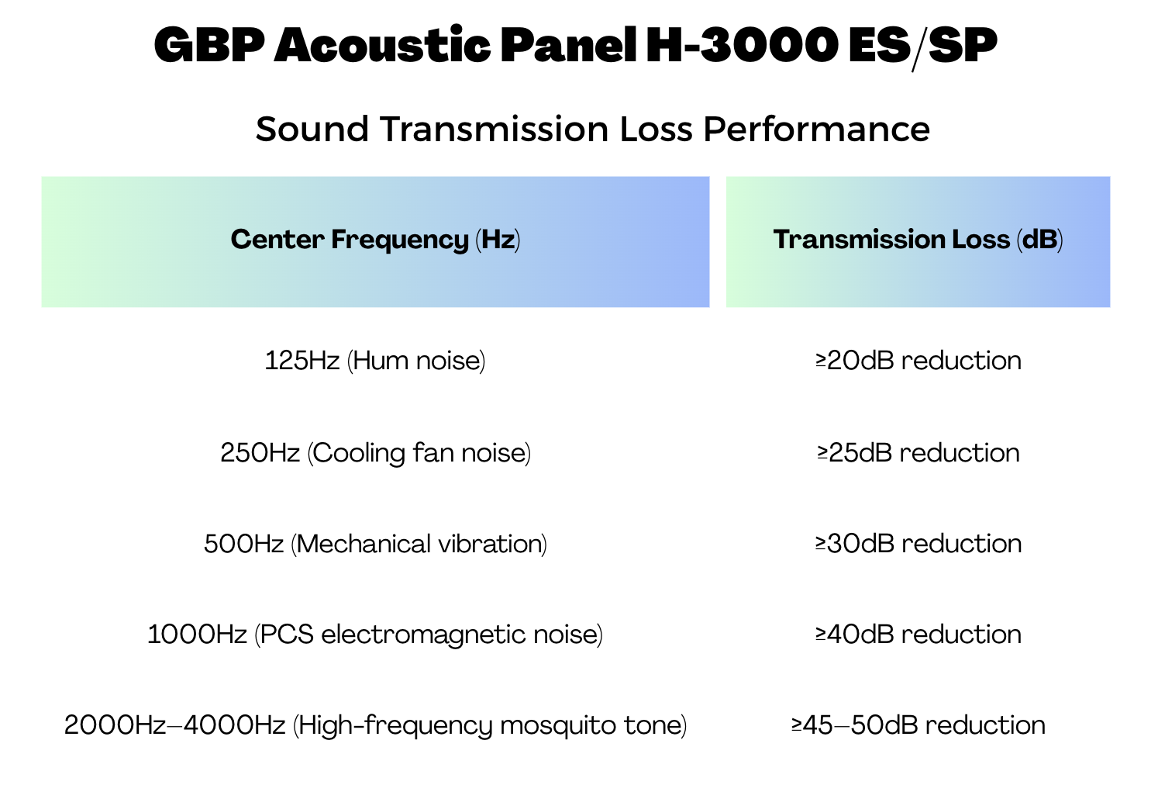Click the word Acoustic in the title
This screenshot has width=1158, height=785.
click(382, 45)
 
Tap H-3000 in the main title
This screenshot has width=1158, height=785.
click(742, 45)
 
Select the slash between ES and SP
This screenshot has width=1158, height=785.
click(918, 47)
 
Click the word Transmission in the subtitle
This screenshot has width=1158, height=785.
click(495, 129)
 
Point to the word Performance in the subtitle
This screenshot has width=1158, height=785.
click(817, 129)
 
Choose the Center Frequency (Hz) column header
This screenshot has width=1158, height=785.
click(375, 240)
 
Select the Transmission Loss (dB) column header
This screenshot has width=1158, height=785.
click(918, 240)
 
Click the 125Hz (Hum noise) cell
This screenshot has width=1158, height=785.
click(375, 361)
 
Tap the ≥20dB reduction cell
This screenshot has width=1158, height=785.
click(918, 361)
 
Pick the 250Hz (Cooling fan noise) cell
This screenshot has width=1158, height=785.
click(375, 453)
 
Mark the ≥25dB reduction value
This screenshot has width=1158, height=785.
click(918, 453)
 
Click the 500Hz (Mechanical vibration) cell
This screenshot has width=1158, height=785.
click(375, 544)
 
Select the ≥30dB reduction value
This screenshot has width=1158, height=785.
click(918, 544)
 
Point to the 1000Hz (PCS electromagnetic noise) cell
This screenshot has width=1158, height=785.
click(375, 635)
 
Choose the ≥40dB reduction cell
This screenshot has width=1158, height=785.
click(918, 635)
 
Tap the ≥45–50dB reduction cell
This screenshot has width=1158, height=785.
click(918, 725)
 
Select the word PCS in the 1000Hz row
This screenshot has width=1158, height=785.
click(287, 635)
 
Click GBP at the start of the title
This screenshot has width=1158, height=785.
click(210, 45)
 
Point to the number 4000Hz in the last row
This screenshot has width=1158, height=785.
click(235, 725)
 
